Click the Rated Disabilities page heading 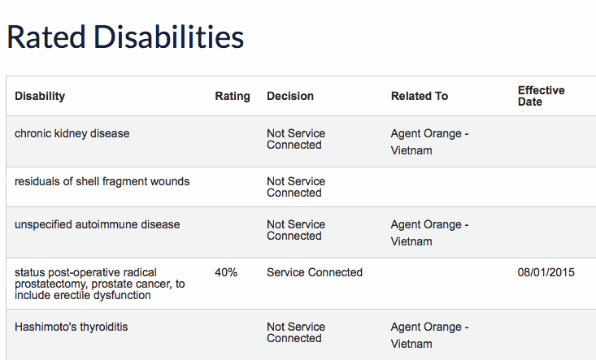125,37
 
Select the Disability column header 40,96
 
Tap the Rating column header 233,96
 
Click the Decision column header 290,96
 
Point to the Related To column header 420,96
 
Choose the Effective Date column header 542,96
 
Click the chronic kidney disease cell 72,133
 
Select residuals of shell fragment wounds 102,181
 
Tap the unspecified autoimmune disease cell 98,224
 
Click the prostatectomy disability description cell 99,284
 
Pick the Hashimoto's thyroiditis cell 71,327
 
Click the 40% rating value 226,272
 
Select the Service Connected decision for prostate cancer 315,272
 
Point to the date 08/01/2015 546,272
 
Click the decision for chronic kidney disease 296,139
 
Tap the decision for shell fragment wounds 296,187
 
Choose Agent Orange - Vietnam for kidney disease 430,142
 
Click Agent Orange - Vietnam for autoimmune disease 430,232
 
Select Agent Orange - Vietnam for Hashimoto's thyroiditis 430,336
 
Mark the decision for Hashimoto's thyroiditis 296,332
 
